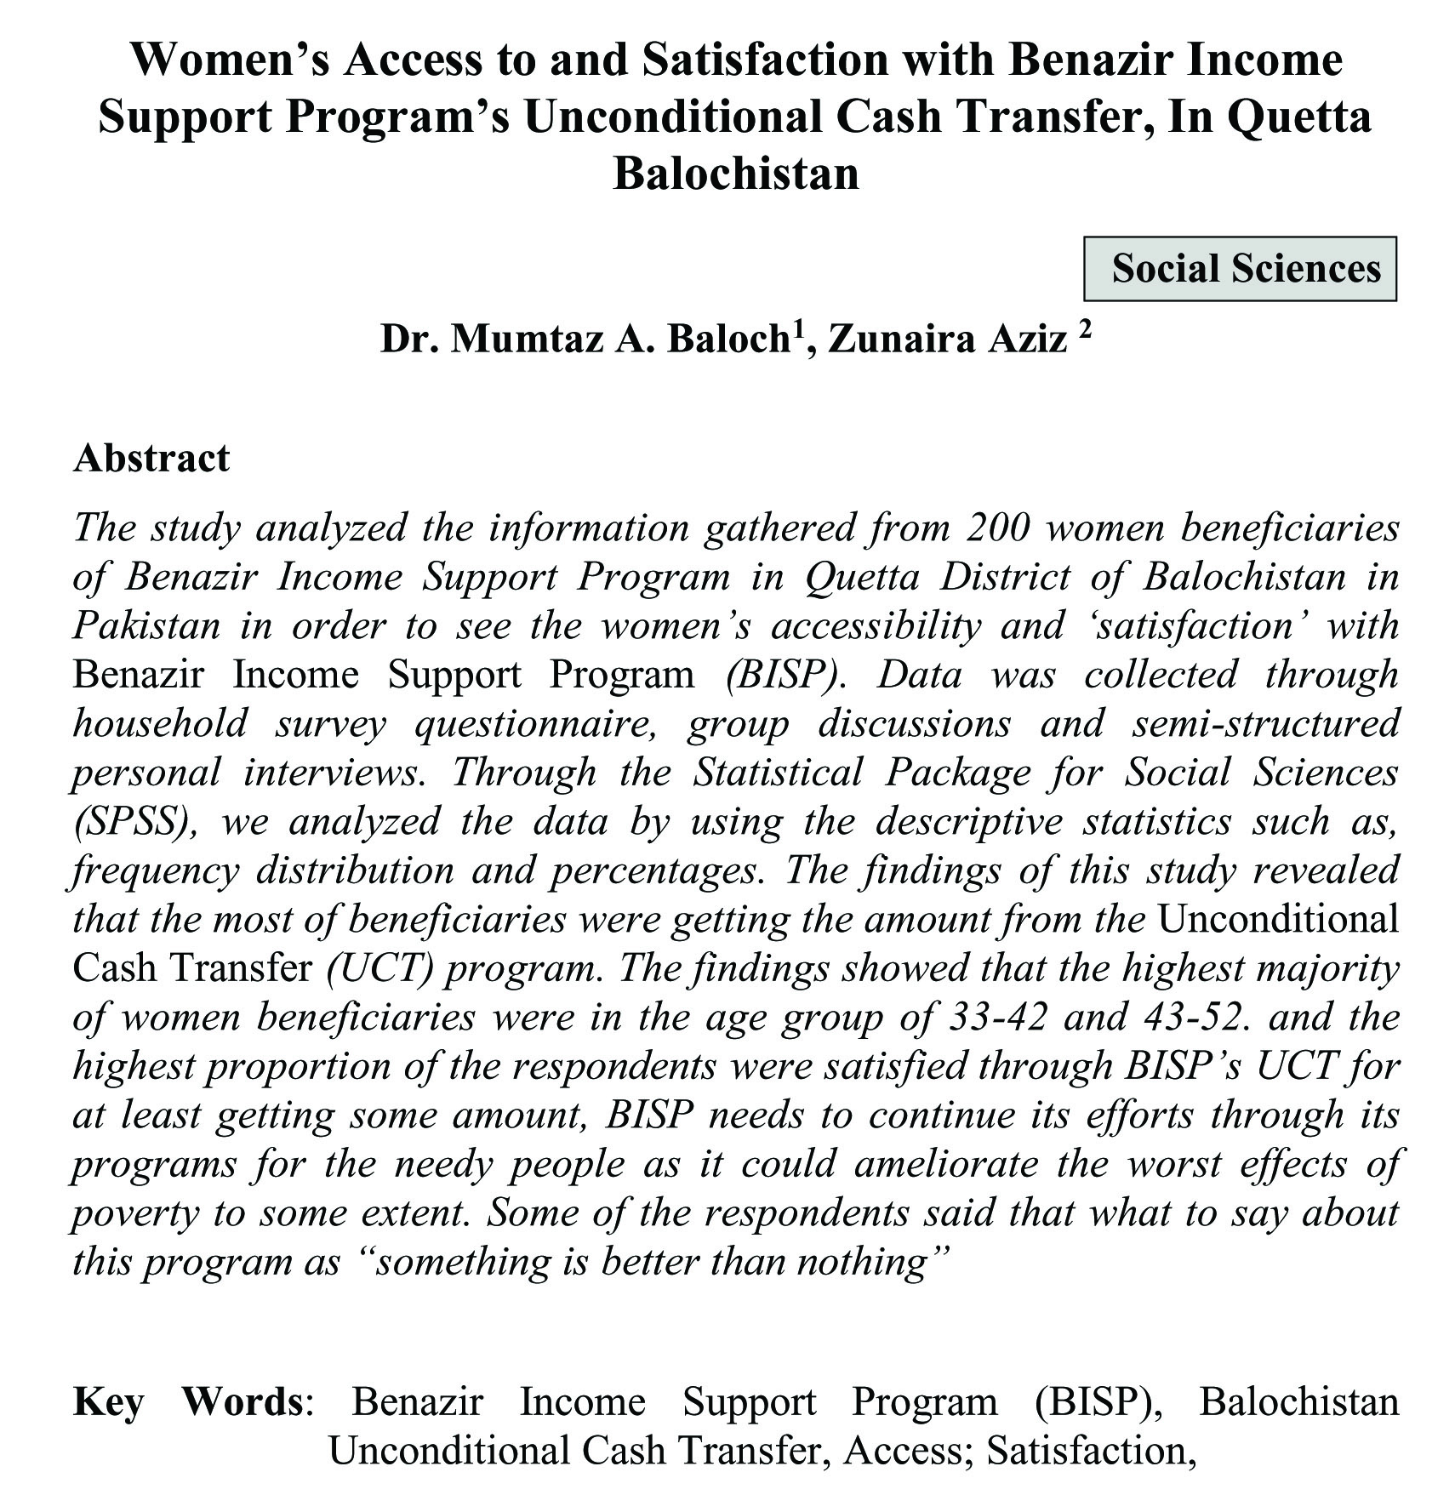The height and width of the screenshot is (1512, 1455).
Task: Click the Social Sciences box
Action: click(x=1239, y=269)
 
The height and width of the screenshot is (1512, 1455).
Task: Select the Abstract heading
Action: click(x=151, y=459)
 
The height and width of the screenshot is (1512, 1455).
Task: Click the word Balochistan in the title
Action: click(x=735, y=174)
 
